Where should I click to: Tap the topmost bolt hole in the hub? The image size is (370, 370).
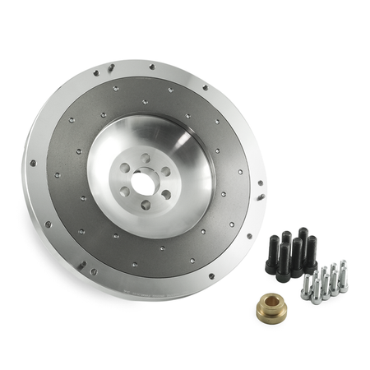coord(146,157)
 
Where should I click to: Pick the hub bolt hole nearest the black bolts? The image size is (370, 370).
coord(166,195)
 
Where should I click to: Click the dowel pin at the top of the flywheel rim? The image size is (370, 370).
coord(111,69)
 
